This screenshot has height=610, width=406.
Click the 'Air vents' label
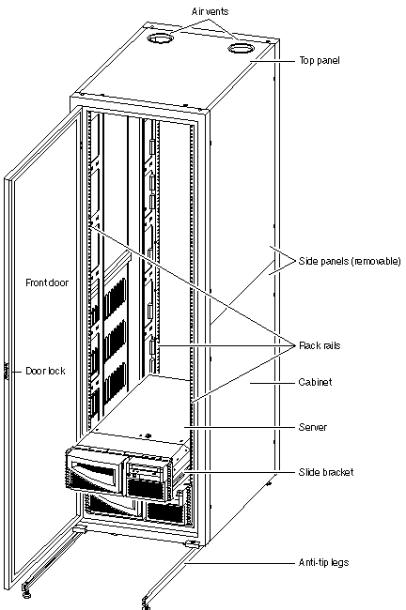(x=210, y=11)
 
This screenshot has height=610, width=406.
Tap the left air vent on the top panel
(x=159, y=38)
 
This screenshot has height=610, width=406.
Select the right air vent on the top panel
(x=241, y=48)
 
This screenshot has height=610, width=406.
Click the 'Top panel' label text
(x=320, y=61)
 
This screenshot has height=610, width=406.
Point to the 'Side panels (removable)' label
(x=350, y=261)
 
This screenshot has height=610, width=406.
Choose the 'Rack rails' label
(x=320, y=345)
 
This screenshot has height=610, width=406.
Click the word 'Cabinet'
(x=315, y=382)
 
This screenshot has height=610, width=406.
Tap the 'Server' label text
(x=312, y=427)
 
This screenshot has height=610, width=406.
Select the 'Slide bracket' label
(x=326, y=472)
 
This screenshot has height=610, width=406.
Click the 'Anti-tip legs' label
(x=323, y=562)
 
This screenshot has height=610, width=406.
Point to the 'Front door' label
(x=47, y=282)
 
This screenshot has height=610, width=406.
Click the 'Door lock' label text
(x=45, y=371)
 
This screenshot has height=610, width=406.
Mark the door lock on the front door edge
(x=7, y=371)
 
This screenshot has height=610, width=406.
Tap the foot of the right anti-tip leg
(x=146, y=602)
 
